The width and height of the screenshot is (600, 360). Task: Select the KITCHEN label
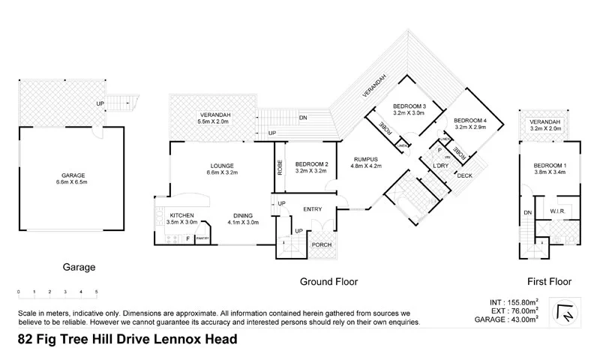[182, 214]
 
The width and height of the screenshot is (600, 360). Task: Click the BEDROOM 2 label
[312, 165]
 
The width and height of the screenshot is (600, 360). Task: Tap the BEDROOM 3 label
[409, 106]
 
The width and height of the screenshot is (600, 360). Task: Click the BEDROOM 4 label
[470, 121]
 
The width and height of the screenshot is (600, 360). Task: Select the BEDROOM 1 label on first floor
[550, 166]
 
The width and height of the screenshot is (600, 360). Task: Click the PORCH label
[321, 244]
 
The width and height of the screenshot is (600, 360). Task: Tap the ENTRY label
[313, 209]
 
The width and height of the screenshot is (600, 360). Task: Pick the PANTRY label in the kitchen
[202, 238]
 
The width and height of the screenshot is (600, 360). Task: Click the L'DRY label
[440, 166]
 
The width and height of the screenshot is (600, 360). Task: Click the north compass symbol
[566, 313]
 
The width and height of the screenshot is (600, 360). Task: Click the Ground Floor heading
[328, 282]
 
